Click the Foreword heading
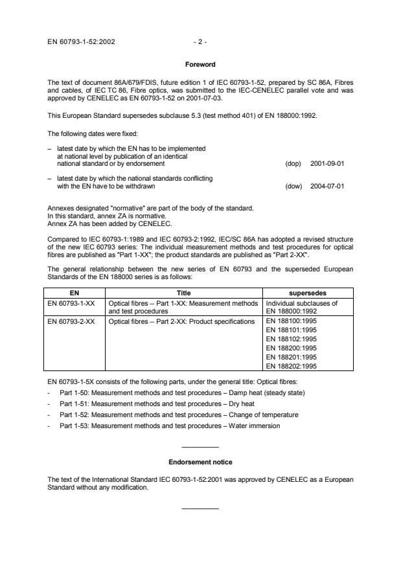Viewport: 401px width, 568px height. click(x=200, y=65)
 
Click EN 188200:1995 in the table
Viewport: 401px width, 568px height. click(x=292, y=347)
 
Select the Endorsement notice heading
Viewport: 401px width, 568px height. click(x=200, y=462)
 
